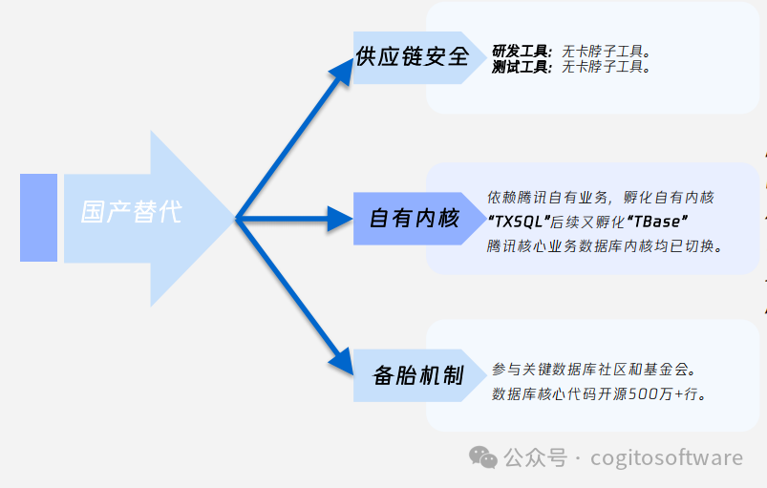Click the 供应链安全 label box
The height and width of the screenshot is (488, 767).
pyautogui.click(x=412, y=57)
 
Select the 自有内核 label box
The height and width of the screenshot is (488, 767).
pyautogui.click(x=414, y=219)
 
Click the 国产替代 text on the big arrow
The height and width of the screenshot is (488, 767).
pyautogui.click(x=131, y=212)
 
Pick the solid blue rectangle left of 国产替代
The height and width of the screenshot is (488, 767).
pyautogui.click(x=38, y=218)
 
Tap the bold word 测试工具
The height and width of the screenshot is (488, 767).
pyautogui.click(x=521, y=68)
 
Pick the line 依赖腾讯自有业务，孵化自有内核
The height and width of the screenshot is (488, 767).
pyautogui.click(x=601, y=198)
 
